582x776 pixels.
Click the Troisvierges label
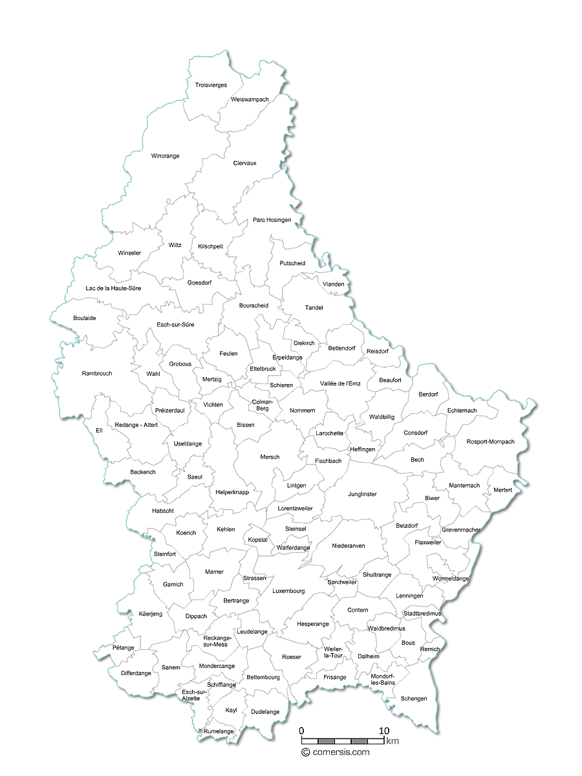click(x=211, y=85)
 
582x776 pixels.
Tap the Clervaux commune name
click(x=244, y=164)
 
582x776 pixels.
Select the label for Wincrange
click(x=165, y=156)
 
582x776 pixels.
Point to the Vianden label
click(x=333, y=285)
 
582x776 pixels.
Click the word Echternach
click(x=462, y=411)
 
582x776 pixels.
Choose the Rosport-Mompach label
click(x=490, y=442)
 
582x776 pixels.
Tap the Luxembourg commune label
click(x=288, y=591)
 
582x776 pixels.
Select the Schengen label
click(x=414, y=699)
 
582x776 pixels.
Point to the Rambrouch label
click(x=97, y=374)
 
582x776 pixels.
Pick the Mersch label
click(x=270, y=457)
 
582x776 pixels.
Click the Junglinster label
click(x=362, y=495)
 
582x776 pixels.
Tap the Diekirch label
click(x=304, y=343)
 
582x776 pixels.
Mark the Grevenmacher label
click(x=461, y=530)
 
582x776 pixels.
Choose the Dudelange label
click(x=265, y=712)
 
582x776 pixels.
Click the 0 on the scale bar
click(x=301, y=731)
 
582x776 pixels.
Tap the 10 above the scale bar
click(x=384, y=731)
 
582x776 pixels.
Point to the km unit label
click(x=393, y=741)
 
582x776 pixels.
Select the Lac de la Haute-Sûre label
click(x=113, y=288)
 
